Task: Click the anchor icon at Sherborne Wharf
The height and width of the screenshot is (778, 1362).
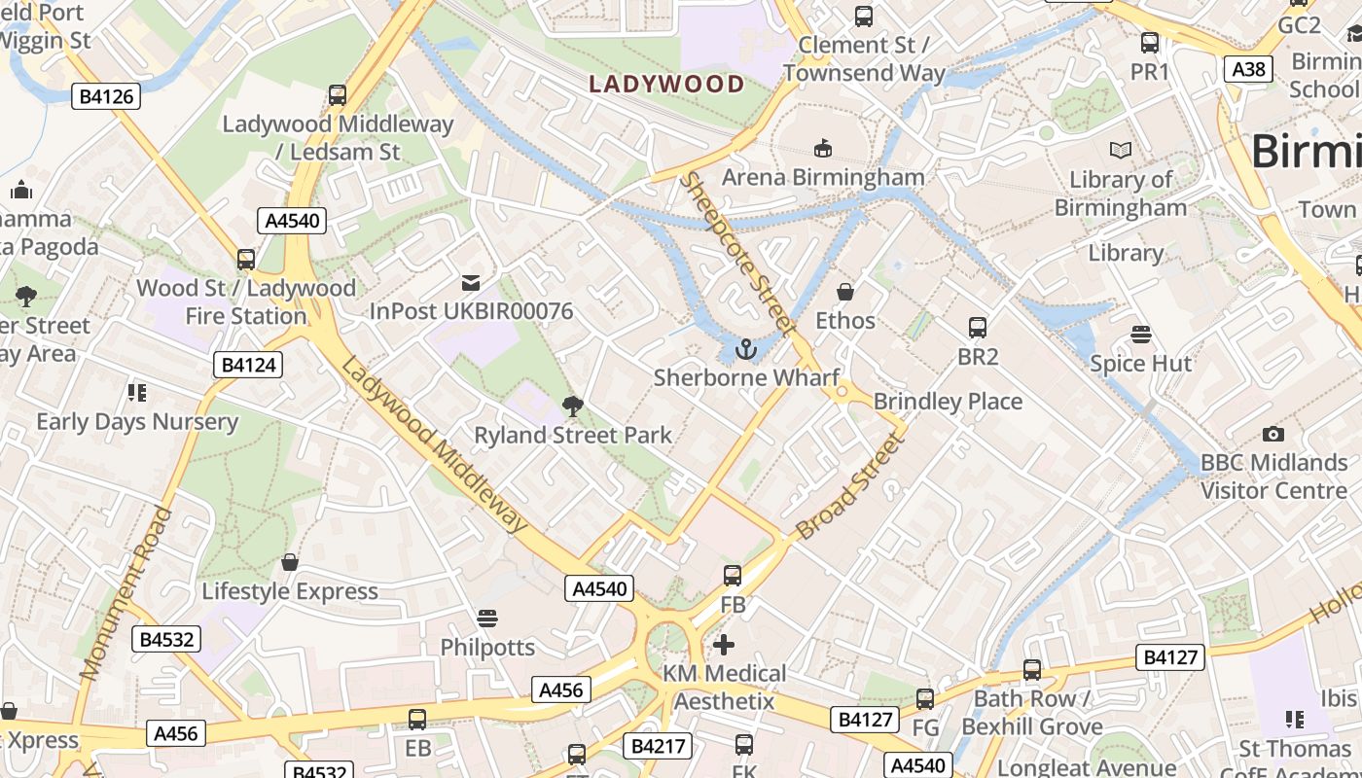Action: (x=746, y=348)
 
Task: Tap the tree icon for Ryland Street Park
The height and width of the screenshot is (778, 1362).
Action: (x=573, y=406)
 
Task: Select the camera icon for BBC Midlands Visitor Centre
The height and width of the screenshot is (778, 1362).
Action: (x=1272, y=434)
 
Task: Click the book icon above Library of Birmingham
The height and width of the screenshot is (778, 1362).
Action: (x=1121, y=151)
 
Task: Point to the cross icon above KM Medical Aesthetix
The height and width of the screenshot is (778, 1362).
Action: (x=724, y=644)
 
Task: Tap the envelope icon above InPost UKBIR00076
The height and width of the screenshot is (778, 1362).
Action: (x=471, y=283)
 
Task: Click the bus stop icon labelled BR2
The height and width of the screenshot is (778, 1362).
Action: (x=978, y=328)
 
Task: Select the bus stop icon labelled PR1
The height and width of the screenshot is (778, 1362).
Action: (x=1150, y=43)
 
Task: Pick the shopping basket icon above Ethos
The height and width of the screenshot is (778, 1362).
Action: (x=845, y=292)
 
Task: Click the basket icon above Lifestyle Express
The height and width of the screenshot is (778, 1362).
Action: (x=289, y=562)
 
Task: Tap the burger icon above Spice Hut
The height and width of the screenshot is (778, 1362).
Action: (x=1141, y=335)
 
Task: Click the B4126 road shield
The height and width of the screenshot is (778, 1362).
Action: (x=106, y=96)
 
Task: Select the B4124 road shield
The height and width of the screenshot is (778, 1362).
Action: (x=248, y=365)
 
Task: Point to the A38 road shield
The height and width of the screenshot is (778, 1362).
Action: (x=1248, y=69)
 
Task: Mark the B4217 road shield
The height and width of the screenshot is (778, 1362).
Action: (x=660, y=746)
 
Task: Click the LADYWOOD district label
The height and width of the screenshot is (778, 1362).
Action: (x=666, y=84)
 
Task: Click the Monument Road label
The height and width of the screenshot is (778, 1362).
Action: (x=126, y=593)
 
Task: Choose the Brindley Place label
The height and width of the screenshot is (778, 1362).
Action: (x=948, y=401)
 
